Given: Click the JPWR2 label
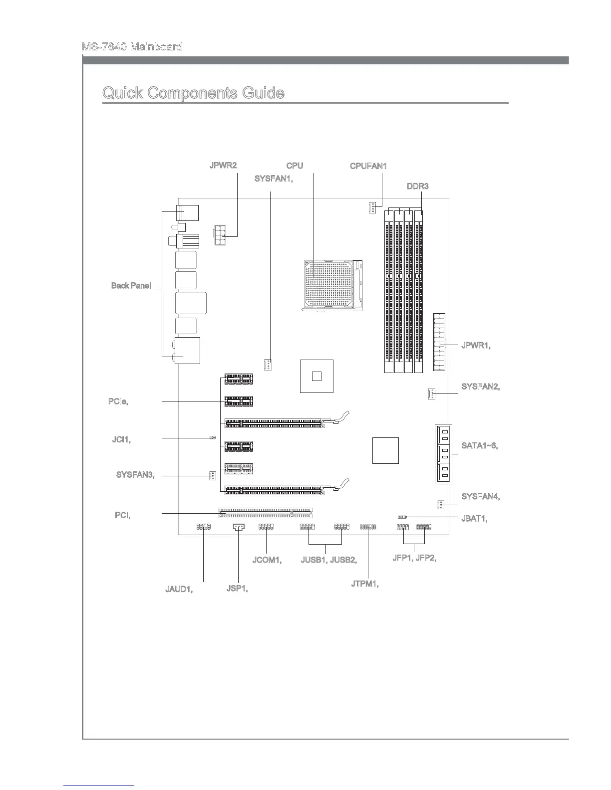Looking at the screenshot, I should coord(223,166).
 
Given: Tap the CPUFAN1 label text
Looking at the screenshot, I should coord(368,166).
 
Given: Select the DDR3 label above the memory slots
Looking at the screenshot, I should coord(417,187).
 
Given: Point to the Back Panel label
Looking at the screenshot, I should coord(131,286).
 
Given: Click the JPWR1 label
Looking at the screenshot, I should coord(476,345).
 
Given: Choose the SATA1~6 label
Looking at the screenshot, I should coord(479,445).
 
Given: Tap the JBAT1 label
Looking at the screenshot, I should coord(474,519).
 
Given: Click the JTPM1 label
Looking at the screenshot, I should coord(364,584).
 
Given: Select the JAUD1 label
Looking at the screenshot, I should coord(179,589).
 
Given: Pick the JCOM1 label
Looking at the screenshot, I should coord(267,560).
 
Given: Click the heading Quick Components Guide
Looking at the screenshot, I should coord(193,93).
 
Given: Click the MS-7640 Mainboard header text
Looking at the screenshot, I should coord(132,47).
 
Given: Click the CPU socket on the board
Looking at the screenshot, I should coord(332,286).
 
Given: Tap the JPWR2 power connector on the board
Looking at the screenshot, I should coord(220,235).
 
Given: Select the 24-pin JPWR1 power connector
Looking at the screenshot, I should coord(439,343).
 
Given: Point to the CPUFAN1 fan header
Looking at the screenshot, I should coord(371,207).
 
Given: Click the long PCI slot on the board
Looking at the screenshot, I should coord(265,513).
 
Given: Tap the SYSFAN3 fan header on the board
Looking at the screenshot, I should coord(212,475).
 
